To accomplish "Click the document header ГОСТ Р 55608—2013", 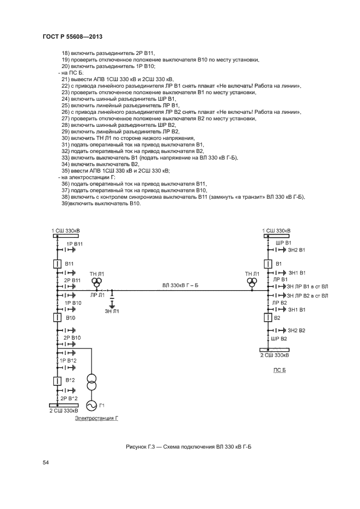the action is (72, 36).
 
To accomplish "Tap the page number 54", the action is (45, 463).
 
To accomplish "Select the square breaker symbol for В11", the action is (57, 264).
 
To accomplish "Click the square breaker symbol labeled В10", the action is (57, 317).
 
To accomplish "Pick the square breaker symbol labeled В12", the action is (57, 381).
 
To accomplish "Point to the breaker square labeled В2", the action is (268, 317).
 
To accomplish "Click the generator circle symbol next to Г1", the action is (91, 406).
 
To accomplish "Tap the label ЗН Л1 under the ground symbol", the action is (112, 311).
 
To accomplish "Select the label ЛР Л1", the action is (97, 295).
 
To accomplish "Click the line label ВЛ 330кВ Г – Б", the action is (180, 285).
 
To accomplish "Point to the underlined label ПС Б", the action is (279, 370).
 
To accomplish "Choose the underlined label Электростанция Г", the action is (96, 418).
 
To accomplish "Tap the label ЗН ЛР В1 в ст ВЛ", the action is (307, 286).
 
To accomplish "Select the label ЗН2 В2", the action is (296, 330).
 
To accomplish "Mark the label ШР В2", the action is (279, 339).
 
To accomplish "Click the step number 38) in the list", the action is (65, 197).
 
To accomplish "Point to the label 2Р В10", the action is (72, 338).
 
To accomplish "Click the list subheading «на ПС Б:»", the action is (70, 73).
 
